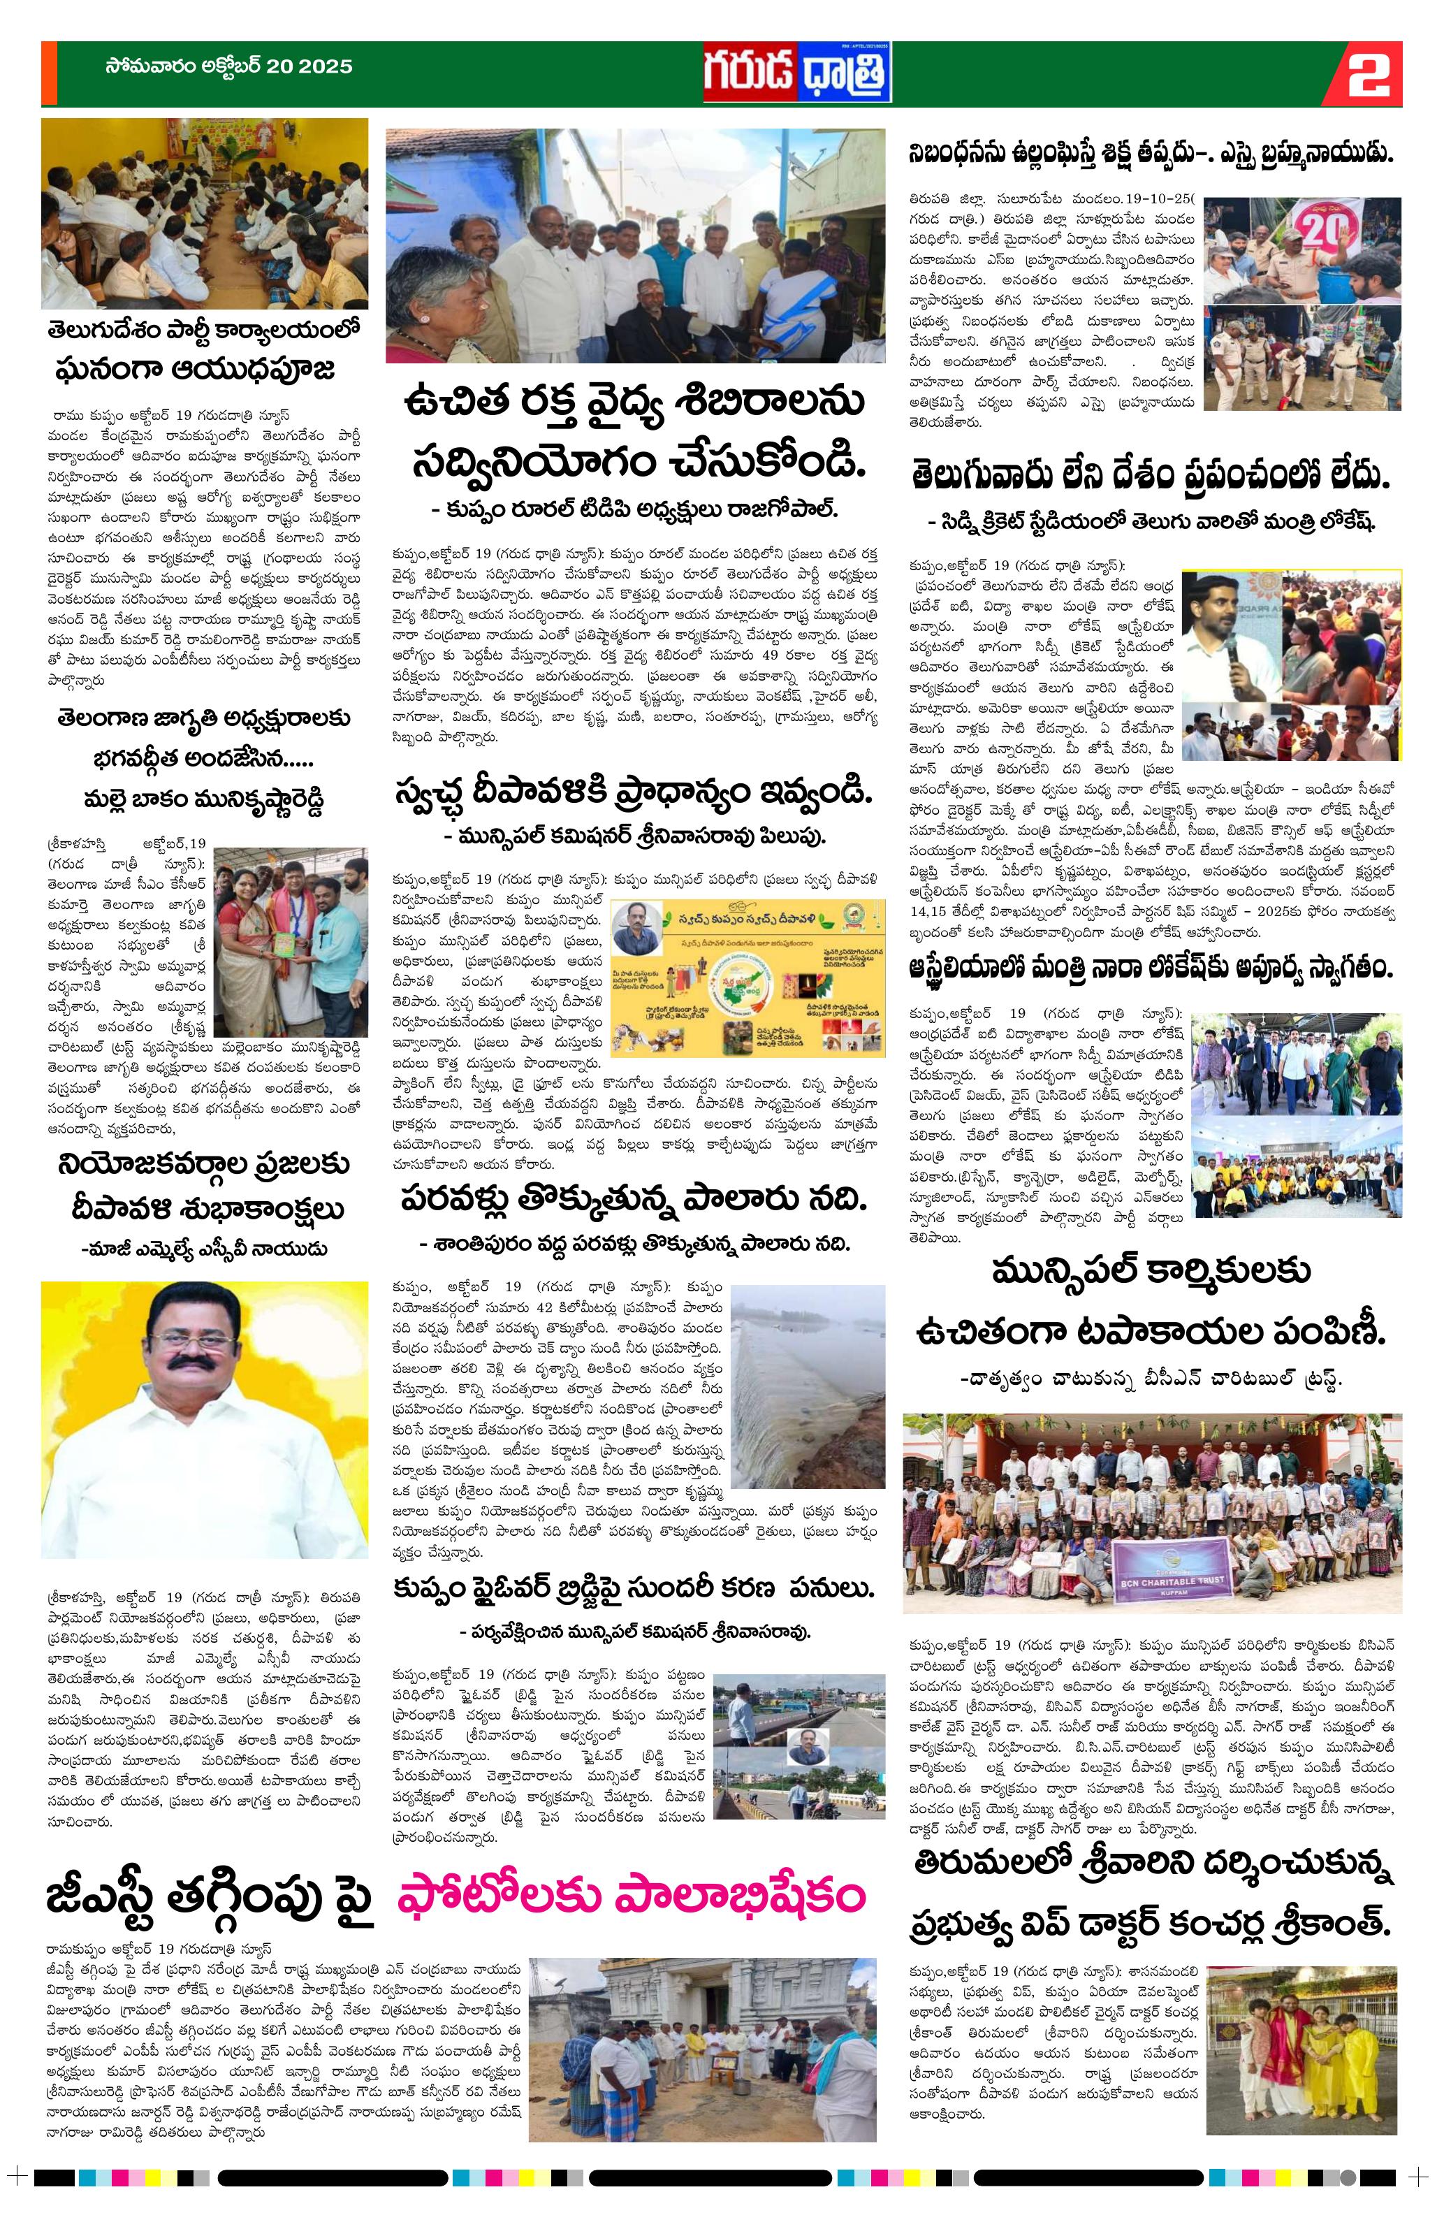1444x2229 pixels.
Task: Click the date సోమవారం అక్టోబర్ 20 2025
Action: coord(228,68)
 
